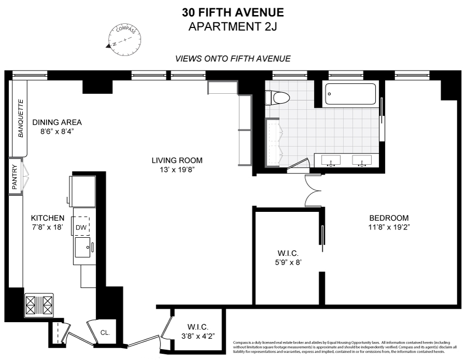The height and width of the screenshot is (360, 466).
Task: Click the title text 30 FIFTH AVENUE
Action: click(232, 12)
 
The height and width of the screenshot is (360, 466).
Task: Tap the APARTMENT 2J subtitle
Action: click(232, 26)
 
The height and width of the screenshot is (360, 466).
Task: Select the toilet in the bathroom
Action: click(273, 97)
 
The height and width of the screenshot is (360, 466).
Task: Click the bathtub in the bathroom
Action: click(352, 94)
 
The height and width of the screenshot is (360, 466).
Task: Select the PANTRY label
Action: click(15, 176)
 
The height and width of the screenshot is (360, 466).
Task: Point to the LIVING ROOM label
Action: click(177, 160)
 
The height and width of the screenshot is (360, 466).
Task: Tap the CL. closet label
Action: click(104, 333)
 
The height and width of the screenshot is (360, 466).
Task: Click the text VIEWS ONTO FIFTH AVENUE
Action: click(232, 59)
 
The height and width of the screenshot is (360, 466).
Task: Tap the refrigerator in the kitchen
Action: click(82, 190)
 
